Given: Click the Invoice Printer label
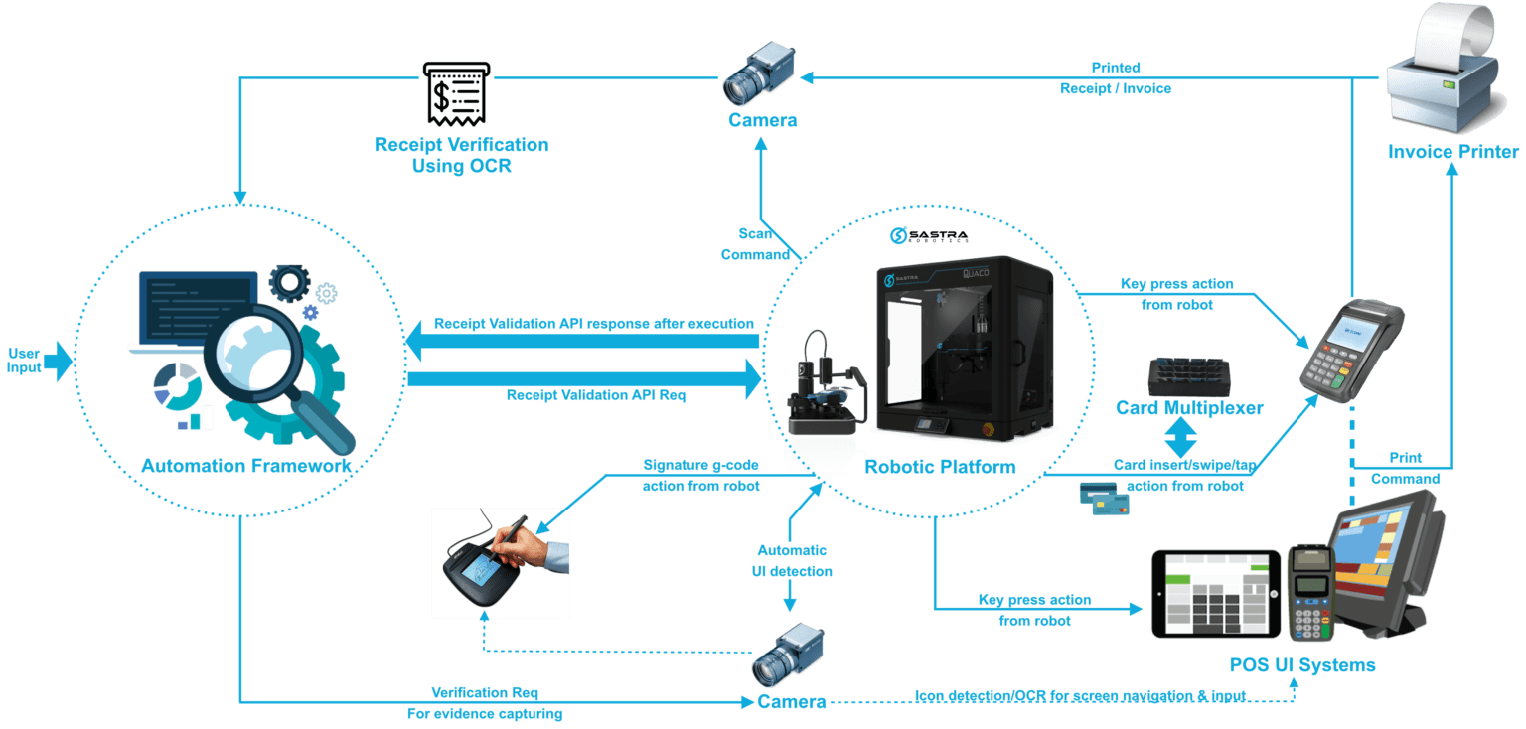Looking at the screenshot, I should pyautogui.click(x=1453, y=152).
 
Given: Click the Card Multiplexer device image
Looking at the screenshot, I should pyautogui.click(x=1189, y=377).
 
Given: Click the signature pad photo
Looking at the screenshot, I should pyautogui.click(x=500, y=561).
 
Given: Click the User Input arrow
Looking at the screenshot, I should pyautogui.click(x=59, y=361).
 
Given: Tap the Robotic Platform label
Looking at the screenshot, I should pyautogui.click(x=939, y=466).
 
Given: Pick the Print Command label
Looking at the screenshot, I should pyautogui.click(x=1397, y=468).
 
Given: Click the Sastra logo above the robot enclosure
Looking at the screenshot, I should pyautogui.click(x=928, y=235).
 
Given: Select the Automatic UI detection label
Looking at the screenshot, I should pyautogui.click(x=792, y=561).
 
